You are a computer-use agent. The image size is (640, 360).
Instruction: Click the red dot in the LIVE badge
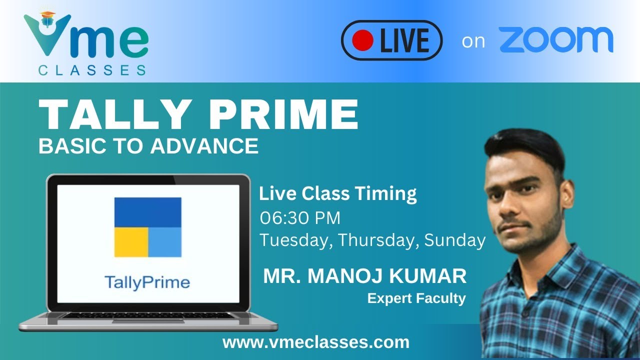pos(362,40)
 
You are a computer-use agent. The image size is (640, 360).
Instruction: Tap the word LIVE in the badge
pos(404,40)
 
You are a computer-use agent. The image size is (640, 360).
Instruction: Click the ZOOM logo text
pos(556,40)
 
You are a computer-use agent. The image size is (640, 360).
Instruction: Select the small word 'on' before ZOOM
pos(473,41)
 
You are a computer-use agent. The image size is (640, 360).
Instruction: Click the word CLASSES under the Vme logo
pos(92,70)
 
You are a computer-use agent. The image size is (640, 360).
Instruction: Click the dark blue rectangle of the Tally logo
pos(147,212)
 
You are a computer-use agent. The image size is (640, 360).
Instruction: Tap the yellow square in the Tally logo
pos(130,242)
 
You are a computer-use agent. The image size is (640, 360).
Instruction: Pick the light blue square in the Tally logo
pos(165,242)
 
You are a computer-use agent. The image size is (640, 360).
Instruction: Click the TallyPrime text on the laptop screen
pos(147,282)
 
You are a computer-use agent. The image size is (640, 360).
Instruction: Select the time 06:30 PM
pos(300,218)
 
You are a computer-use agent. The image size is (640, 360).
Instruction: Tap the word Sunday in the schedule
pos(455,240)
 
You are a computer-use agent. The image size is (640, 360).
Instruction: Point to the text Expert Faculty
pos(416,298)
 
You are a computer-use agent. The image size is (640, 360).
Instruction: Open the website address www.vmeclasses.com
pos(316,342)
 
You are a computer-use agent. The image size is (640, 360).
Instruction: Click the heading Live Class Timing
pos(338,193)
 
